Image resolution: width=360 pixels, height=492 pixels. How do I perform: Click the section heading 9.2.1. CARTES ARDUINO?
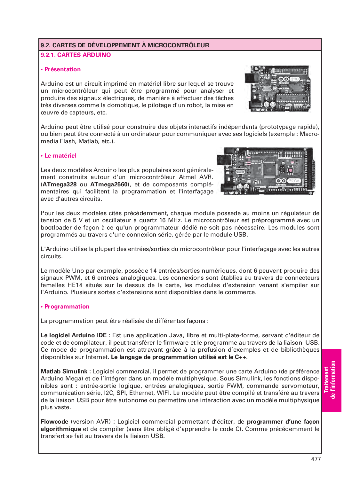coord(76,55)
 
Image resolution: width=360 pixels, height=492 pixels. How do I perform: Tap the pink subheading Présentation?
coord(62,69)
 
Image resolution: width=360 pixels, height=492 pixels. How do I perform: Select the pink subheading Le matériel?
coord(60,156)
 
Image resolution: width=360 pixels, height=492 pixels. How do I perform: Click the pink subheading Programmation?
coord(67,307)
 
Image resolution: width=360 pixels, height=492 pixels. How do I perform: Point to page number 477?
coord(316,459)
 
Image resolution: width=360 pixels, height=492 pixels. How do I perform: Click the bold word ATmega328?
coord(60,184)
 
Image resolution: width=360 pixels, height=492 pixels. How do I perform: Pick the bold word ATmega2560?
coord(109,184)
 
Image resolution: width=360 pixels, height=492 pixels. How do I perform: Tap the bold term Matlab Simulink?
coord(64,371)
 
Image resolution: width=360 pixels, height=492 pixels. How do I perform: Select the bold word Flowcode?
coord(54,422)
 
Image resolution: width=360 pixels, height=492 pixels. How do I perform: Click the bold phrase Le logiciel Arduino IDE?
coord(74,335)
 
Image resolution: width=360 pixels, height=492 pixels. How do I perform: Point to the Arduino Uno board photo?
coord(277,89)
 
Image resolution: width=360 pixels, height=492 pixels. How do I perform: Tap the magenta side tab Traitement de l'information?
coord(331,380)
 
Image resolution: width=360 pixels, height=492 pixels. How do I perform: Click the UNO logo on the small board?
coord(294,79)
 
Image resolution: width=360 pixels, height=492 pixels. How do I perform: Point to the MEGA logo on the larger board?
coord(293,181)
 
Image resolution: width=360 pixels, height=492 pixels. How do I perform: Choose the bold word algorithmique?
coord(61,429)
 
